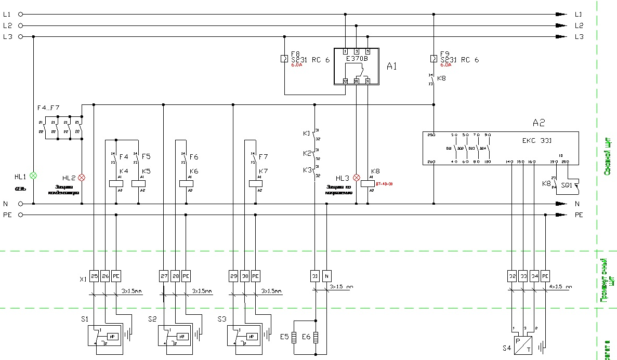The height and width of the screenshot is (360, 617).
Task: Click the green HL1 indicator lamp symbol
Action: click(34, 176)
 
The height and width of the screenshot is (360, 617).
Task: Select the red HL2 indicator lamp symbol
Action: click(81, 177)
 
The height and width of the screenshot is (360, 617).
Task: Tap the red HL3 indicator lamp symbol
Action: click(356, 177)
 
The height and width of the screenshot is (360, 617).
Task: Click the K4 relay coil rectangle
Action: click(115, 183)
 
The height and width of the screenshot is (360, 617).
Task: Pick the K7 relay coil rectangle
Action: click(256, 183)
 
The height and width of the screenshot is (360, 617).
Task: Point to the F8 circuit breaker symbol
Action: click(284, 58)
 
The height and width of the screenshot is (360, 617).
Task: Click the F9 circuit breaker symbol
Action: click(433, 58)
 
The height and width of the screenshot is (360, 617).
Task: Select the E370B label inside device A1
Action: click(357, 59)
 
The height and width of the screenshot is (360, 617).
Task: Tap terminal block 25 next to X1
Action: click(94, 276)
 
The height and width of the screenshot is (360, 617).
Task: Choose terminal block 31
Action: click(315, 276)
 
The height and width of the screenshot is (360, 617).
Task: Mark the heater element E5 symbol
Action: click(294, 338)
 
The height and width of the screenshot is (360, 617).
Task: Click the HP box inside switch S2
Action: click(181, 337)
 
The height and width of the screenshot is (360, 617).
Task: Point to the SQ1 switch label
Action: click(566, 184)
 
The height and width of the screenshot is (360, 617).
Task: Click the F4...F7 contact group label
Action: click(48, 108)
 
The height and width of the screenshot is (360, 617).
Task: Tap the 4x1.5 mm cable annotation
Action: click(560, 287)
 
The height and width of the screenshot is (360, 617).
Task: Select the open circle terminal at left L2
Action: click(21, 25)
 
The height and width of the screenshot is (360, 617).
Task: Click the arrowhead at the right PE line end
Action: click(561, 215)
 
